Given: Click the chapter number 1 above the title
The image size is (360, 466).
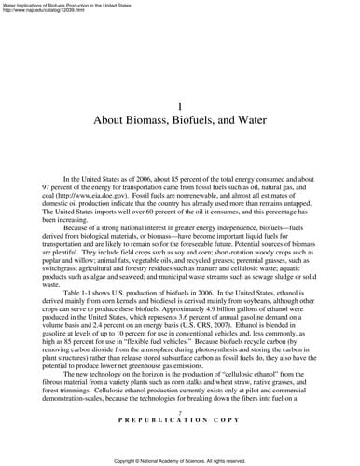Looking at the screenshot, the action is tap(180, 106).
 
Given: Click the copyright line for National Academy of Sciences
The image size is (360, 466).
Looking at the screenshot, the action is tap(180, 460).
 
